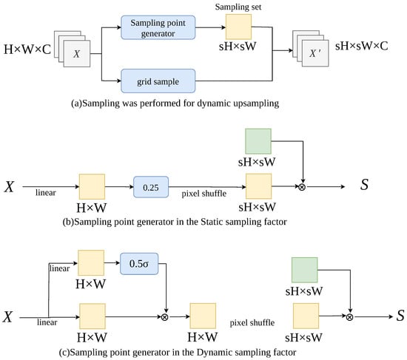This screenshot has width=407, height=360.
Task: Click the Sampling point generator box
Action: point(158,27)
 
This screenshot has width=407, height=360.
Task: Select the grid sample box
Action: point(158,81)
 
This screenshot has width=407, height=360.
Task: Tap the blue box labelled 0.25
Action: point(151,187)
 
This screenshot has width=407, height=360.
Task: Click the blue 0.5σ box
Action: point(139,264)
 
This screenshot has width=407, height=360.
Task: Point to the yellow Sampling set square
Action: point(238,27)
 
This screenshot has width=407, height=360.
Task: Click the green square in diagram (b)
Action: point(258,141)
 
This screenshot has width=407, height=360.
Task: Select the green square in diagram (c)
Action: point(304,270)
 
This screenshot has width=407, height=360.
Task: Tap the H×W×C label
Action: point(27,50)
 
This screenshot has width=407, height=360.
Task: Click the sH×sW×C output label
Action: point(362,46)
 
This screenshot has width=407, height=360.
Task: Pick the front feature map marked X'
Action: point(315,53)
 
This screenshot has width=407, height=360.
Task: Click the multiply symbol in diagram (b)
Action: point(302,187)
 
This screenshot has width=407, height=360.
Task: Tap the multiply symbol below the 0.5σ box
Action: point(164,317)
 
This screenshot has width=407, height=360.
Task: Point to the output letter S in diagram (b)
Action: point(364,185)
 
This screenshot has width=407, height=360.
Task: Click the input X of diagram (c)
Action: point(8,316)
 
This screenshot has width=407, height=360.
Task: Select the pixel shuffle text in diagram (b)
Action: point(204,194)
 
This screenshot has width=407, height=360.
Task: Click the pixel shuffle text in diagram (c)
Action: point(252,322)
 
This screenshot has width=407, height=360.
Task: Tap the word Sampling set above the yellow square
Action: point(238,7)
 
